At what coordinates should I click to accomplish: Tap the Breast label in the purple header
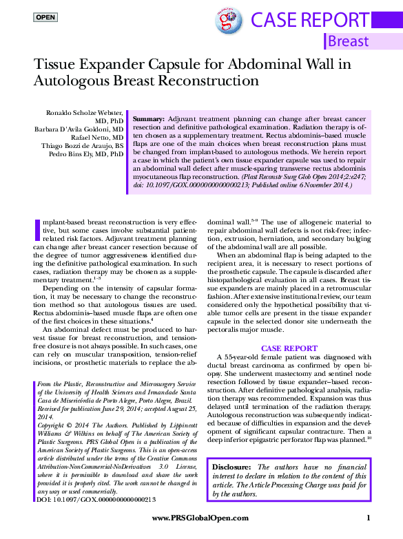tap(348, 41)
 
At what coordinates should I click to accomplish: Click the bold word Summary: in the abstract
tap(148, 119)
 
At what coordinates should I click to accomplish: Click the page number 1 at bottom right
tap(369, 518)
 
